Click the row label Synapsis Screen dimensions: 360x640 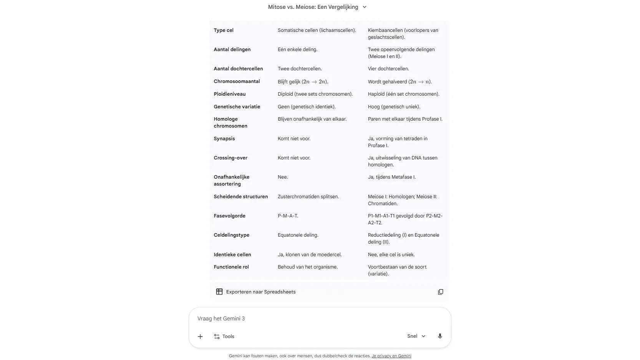tap(224, 139)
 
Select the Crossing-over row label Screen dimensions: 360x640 tap(230, 158)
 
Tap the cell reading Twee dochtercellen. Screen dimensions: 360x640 tap(300, 69)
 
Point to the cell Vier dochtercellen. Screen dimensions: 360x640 tap(388, 69)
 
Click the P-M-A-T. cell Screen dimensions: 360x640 tap(288, 216)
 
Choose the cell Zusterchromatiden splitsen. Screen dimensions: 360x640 tap(308, 197)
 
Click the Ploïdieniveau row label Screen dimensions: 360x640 tap(229, 94)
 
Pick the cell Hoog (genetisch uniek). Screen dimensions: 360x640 tap(394, 107)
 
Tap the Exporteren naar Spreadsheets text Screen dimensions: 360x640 tap(261, 292)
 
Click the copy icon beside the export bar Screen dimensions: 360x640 tap(440, 292)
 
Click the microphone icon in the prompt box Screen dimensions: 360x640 tap(440, 336)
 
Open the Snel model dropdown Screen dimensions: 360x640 tap(416, 336)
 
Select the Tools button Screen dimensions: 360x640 tap(224, 337)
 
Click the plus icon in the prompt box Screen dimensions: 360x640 tap(200, 337)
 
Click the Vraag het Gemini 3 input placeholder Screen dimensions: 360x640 tap(221, 319)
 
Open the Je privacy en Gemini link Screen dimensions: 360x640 tap(391, 356)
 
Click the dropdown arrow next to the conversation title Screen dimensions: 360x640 tap(365, 7)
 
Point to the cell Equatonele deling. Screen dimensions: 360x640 tap(298, 235)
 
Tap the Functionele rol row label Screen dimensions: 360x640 tap(231, 267)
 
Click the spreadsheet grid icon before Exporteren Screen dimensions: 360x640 tap(219, 292)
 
